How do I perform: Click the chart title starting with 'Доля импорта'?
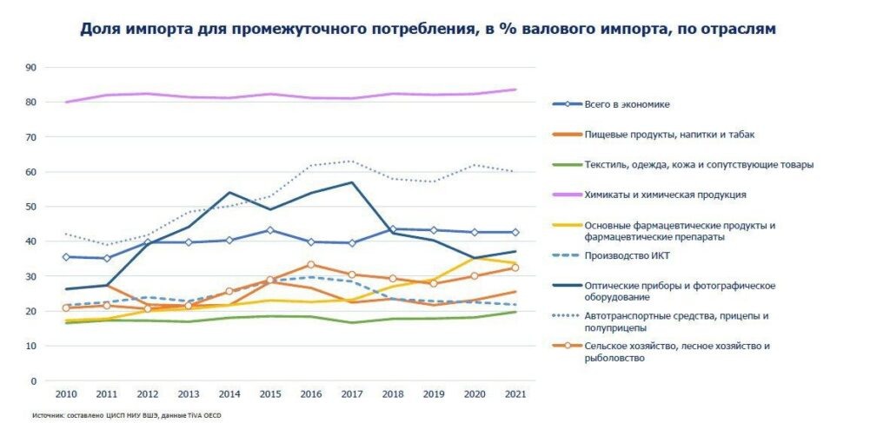(428, 29)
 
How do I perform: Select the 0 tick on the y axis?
(34, 381)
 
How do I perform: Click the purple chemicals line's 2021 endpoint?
(515, 89)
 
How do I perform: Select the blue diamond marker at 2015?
(269, 230)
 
